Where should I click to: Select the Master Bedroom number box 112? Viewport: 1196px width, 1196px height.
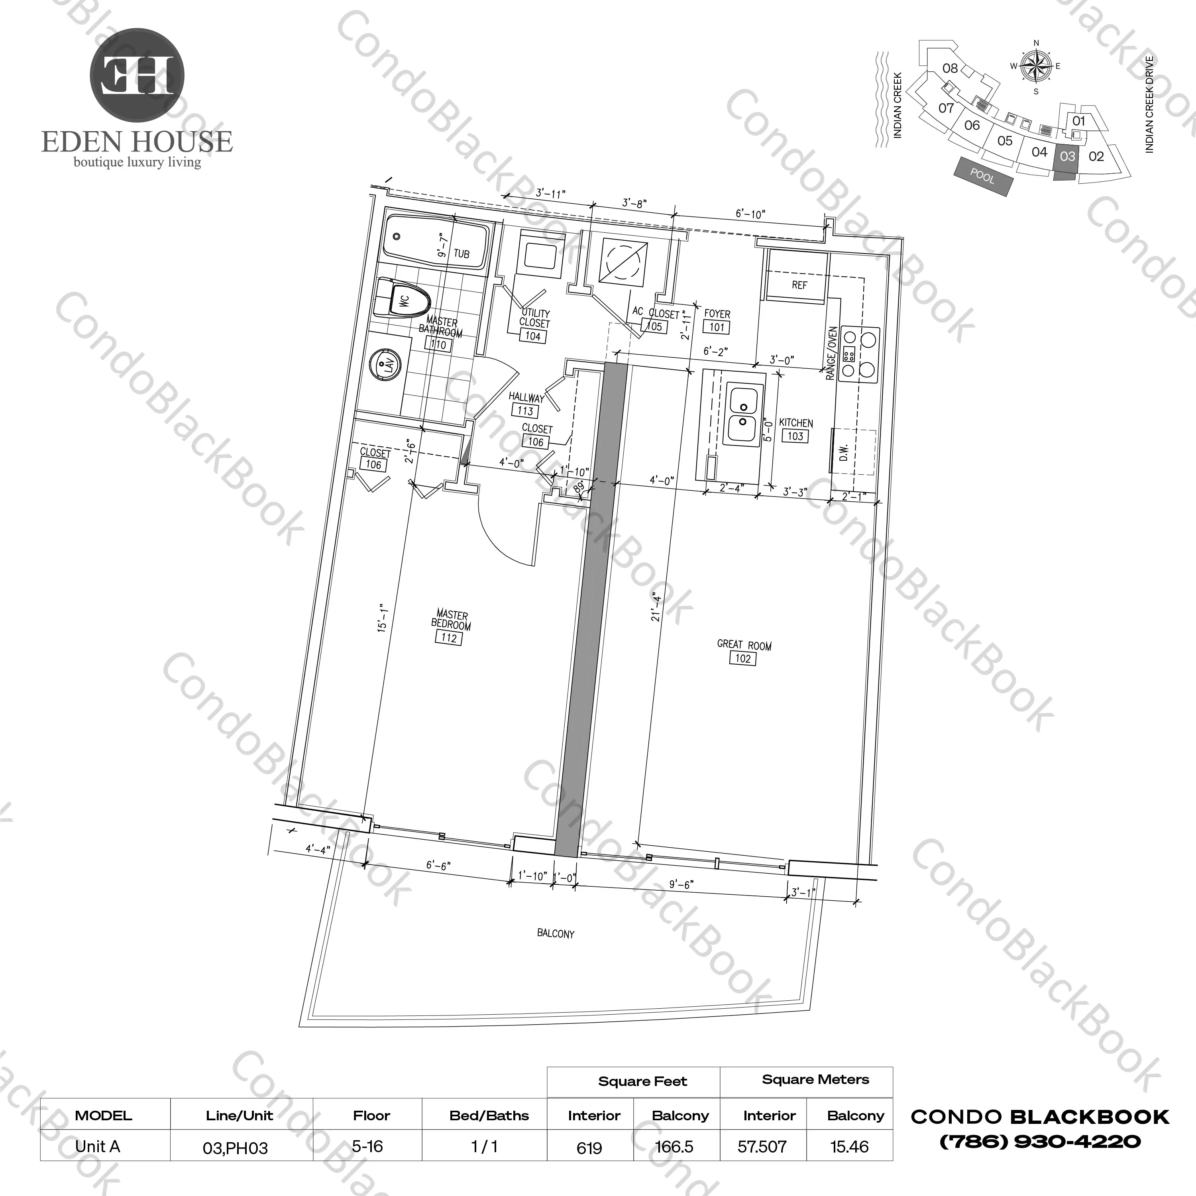pyautogui.click(x=449, y=638)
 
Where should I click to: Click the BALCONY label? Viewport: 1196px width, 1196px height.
pyautogui.click(x=555, y=933)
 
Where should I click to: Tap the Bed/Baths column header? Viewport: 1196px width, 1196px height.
pyautogui.click(x=489, y=1115)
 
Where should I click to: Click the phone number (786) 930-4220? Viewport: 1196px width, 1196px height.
pyautogui.click(x=1040, y=1141)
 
